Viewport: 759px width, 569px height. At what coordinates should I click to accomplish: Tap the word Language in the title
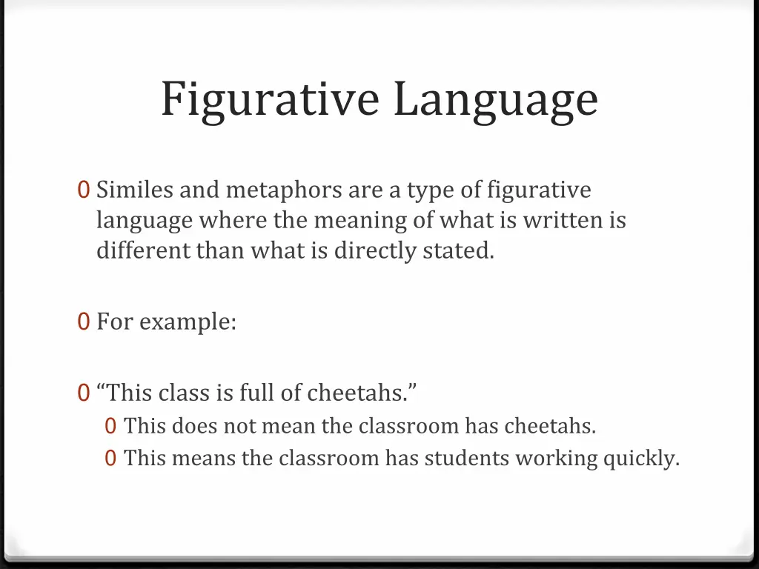[x=495, y=99]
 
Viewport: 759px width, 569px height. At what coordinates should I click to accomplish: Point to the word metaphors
[x=285, y=190]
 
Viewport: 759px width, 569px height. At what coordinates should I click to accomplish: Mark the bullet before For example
[x=84, y=322]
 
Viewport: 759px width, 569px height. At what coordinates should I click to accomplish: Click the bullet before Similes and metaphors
[x=84, y=190]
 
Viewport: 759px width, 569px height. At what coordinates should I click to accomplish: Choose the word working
[x=556, y=459]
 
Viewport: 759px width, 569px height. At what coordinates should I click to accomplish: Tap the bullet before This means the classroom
[x=110, y=459]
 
